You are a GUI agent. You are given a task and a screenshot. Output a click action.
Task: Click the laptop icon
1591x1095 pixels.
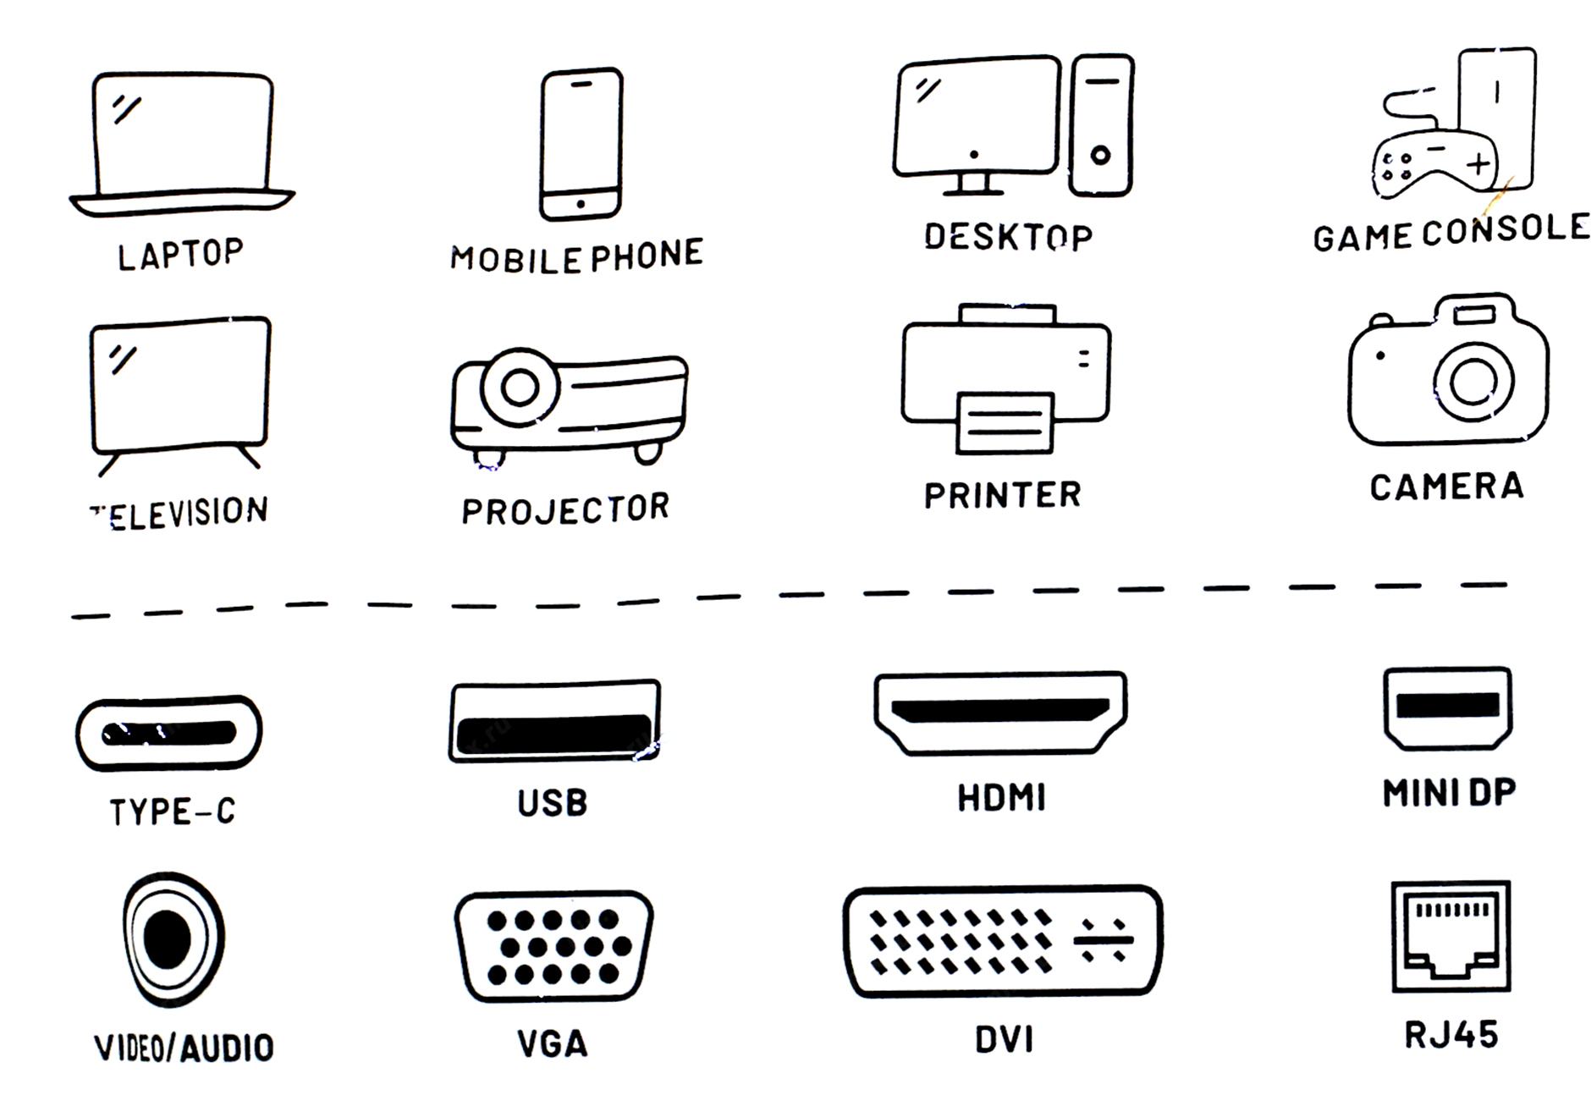pyautogui.click(x=182, y=144)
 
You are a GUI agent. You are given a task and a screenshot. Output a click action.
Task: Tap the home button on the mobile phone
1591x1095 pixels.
pyautogui.click(x=581, y=204)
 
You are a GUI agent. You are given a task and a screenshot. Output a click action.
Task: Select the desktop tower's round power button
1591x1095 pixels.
pyautogui.click(x=1100, y=155)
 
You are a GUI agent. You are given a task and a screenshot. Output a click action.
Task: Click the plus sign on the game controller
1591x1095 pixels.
pyautogui.click(x=1478, y=163)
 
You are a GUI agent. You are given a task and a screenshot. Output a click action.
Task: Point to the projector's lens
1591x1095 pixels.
pyautogui.click(x=520, y=388)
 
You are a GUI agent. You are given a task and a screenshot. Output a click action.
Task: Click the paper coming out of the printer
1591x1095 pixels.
pyautogui.click(x=1005, y=422)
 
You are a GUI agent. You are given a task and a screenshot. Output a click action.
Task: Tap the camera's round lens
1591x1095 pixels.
pyautogui.click(x=1473, y=382)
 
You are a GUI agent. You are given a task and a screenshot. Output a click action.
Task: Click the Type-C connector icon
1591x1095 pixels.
pyautogui.click(x=169, y=733)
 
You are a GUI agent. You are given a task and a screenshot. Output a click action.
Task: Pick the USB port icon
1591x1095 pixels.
pyautogui.click(x=554, y=721)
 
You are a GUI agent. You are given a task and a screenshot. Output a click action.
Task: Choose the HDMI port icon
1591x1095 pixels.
pyautogui.click(x=1000, y=713)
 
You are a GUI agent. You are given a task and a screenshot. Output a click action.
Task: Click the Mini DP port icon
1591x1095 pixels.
pyautogui.click(x=1448, y=708)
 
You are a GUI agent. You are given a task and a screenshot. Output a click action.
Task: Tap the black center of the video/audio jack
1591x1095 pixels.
pyautogui.click(x=167, y=938)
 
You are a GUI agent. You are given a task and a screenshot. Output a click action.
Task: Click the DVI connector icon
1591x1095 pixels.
pyautogui.click(x=1003, y=941)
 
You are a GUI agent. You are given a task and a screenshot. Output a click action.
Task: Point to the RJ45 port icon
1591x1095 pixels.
pyautogui.click(x=1451, y=936)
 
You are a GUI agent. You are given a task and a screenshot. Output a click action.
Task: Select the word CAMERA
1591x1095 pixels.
pyautogui.click(x=1447, y=487)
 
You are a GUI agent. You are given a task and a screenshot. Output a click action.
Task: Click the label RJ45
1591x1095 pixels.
pyautogui.click(x=1451, y=1035)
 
